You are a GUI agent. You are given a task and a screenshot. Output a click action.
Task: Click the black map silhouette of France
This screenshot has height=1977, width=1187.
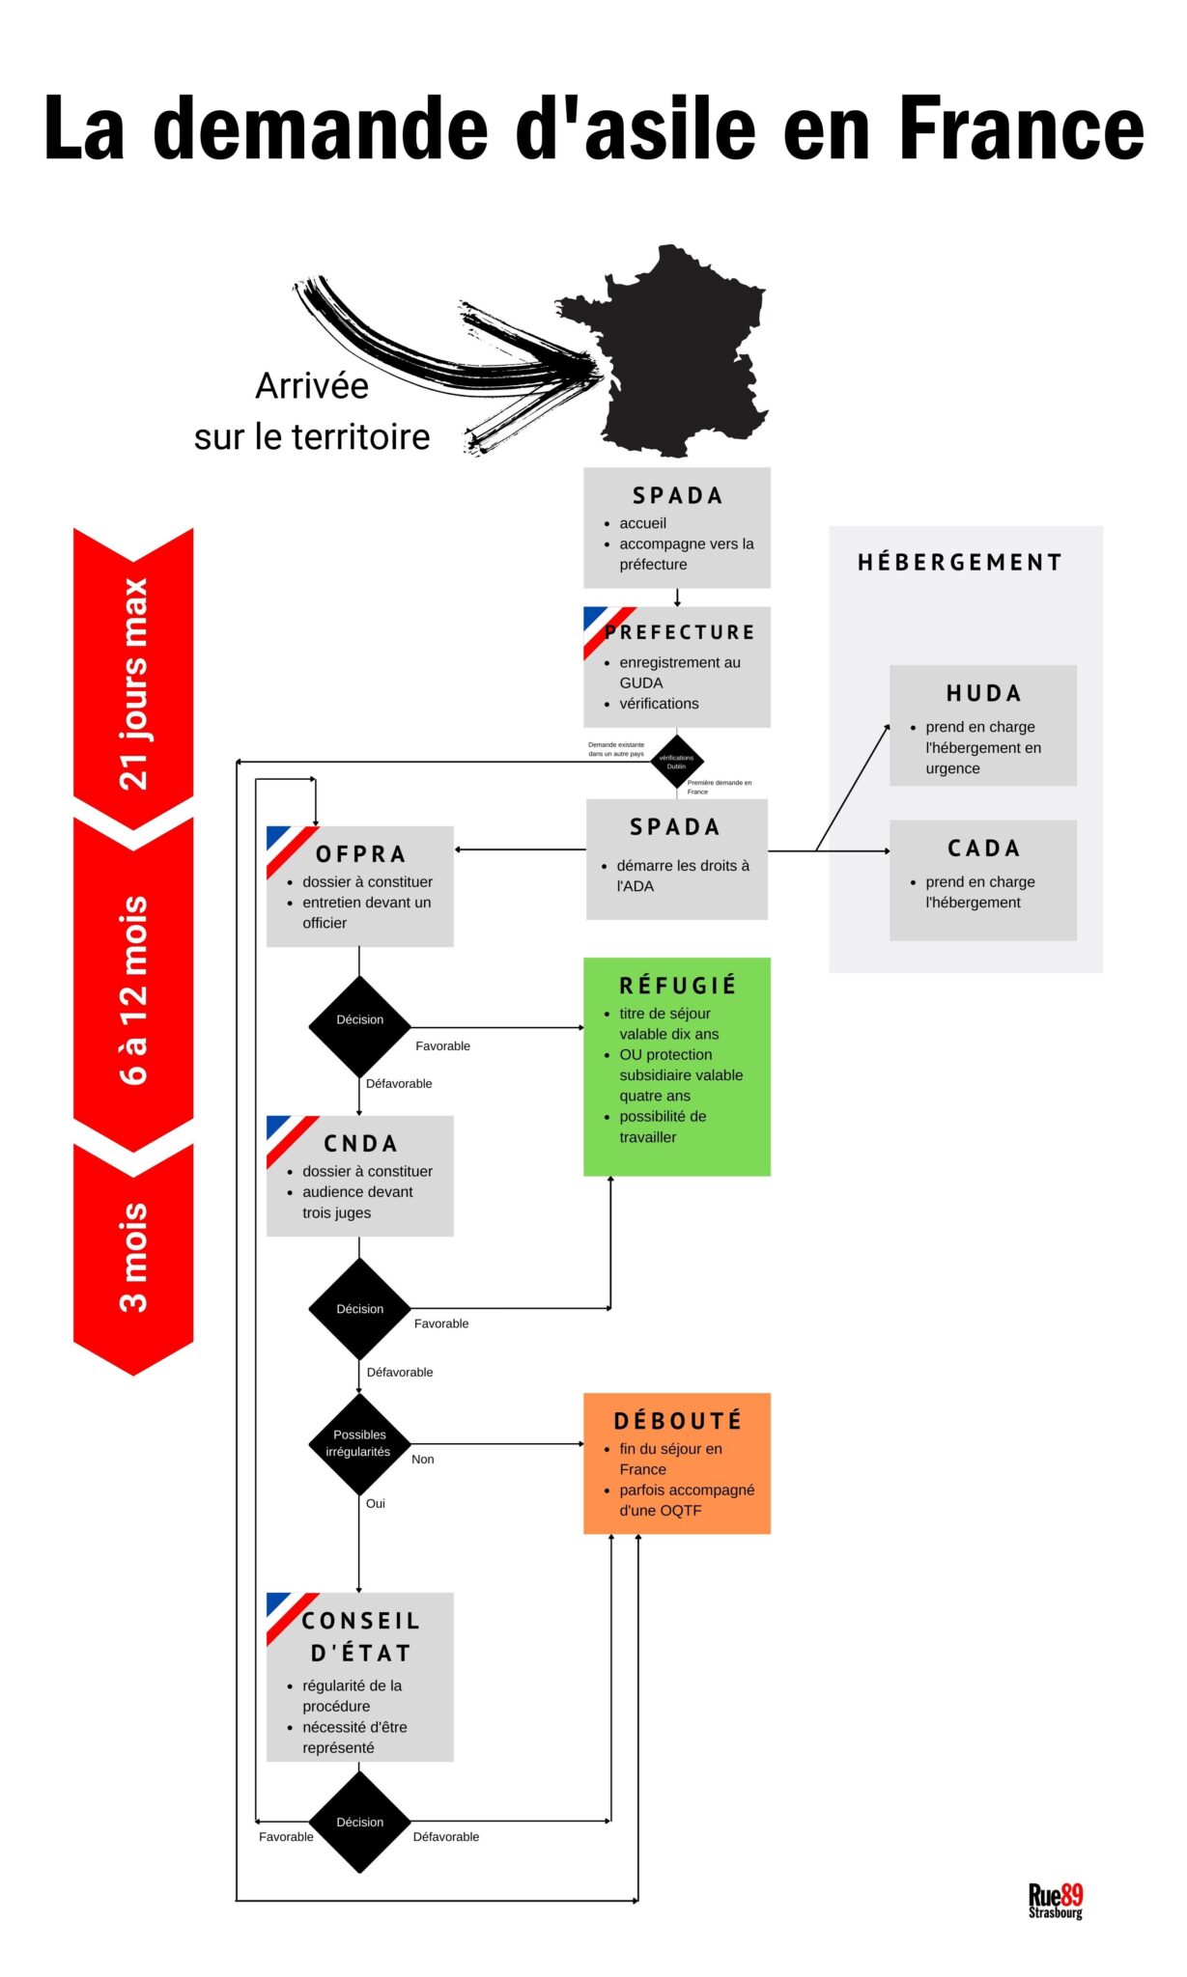[676, 357]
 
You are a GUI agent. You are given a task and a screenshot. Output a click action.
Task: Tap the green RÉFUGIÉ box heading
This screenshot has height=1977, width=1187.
[677, 985]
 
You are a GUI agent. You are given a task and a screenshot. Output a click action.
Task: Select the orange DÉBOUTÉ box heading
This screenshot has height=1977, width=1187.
[677, 1420]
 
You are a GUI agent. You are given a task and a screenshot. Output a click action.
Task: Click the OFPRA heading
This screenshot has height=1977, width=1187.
[360, 854]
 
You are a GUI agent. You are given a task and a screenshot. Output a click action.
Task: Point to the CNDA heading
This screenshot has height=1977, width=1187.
[360, 1144]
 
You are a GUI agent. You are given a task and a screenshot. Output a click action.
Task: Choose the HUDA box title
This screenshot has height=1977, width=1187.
[983, 693]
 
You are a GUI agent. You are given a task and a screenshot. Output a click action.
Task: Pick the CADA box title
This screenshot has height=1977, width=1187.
[983, 849]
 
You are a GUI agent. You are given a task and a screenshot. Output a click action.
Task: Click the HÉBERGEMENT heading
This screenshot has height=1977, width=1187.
[960, 563]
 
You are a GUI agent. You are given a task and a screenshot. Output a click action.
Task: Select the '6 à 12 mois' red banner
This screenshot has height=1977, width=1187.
[133, 989]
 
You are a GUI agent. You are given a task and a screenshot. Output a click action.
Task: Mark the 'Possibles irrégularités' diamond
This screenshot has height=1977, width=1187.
[359, 1443]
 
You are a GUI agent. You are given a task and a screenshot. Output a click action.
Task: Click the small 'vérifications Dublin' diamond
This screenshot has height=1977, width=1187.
[676, 762]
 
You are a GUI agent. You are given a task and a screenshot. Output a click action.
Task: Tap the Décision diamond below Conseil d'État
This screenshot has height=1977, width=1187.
[359, 1822]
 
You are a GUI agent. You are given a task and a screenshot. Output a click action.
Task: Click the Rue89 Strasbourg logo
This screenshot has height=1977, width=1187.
[1055, 1901]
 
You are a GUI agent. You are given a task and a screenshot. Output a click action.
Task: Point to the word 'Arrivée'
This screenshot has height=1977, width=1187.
[312, 386]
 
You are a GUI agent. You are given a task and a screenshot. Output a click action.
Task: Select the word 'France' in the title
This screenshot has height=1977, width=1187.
[1021, 127]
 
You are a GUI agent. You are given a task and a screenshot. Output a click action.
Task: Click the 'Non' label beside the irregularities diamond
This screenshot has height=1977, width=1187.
[422, 1459]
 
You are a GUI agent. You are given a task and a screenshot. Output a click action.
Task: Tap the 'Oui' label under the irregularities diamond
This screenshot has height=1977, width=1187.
[375, 1503]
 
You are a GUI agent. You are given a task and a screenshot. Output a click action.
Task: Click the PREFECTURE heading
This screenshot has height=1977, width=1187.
[680, 632]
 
